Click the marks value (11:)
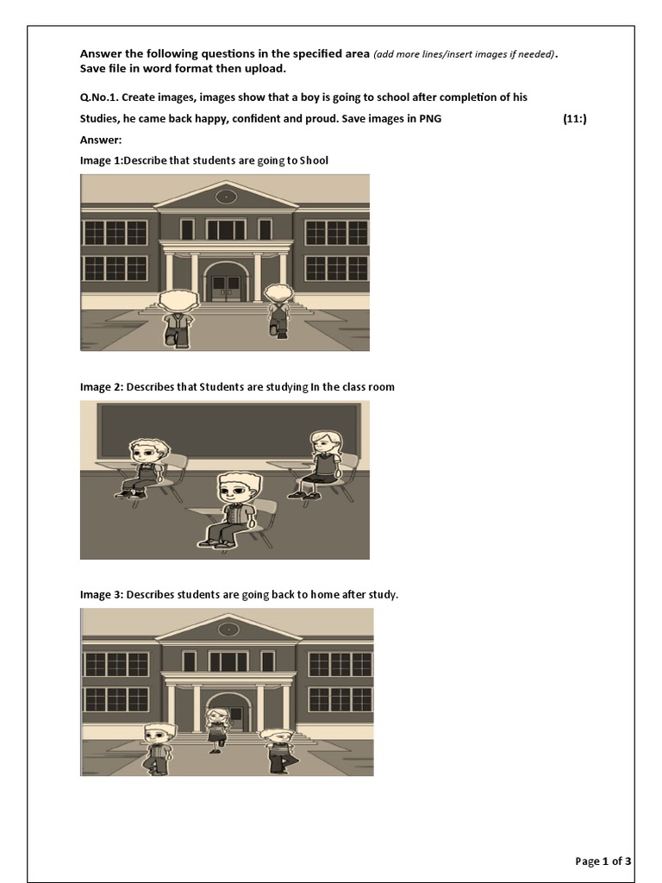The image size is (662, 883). pyautogui.click(x=575, y=119)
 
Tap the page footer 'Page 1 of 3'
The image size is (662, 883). pyautogui.click(x=603, y=861)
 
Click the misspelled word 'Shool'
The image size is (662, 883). pyautogui.click(x=314, y=160)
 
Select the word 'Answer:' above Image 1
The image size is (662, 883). pyautogui.click(x=101, y=141)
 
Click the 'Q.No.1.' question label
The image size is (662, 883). pyautogui.click(x=99, y=97)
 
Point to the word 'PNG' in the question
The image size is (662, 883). pyautogui.click(x=430, y=119)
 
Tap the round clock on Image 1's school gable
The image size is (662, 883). pyautogui.click(x=226, y=197)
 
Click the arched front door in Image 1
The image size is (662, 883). pyautogui.click(x=225, y=282)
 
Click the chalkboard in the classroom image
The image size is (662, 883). pyautogui.click(x=228, y=433)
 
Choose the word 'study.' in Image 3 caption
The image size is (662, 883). pyautogui.click(x=384, y=595)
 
